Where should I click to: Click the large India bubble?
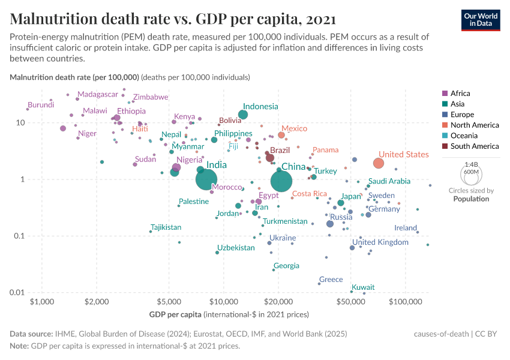(x=206, y=179)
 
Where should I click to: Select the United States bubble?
(x=379, y=163)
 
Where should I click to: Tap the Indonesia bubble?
(x=243, y=115)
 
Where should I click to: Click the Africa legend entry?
(x=460, y=93)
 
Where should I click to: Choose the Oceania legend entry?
(x=464, y=136)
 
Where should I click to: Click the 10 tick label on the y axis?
(x=20, y=122)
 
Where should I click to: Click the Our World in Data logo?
(x=481, y=19)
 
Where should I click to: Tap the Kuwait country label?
(x=363, y=287)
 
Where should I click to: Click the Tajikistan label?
(x=166, y=227)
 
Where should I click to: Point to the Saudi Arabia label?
(x=389, y=181)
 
